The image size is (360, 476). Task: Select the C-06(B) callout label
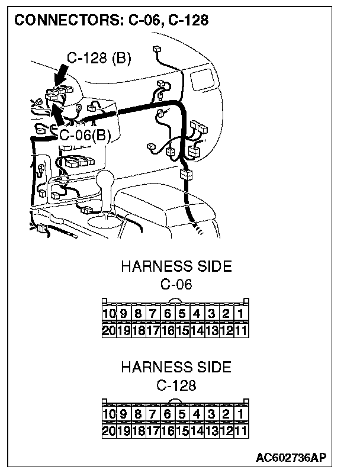(85, 135)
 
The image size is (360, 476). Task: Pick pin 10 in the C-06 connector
(109, 313)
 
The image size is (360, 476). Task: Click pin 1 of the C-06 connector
(240, 313)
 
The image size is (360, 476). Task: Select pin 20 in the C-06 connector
(109, 330)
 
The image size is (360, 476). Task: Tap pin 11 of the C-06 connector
(240, 330)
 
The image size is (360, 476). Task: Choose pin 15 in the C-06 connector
(182, 330)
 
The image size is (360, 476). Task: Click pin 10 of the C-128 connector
(109, 414)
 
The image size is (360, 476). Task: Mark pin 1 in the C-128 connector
(240, 414)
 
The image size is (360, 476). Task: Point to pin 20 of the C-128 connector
(109, 431)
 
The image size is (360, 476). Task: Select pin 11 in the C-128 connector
(240, 431)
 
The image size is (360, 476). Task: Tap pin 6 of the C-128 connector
(168, 414)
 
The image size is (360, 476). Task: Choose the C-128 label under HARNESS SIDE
(176, 385)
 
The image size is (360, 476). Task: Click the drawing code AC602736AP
(291, 458)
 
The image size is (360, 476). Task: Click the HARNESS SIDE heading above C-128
(176, 367)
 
